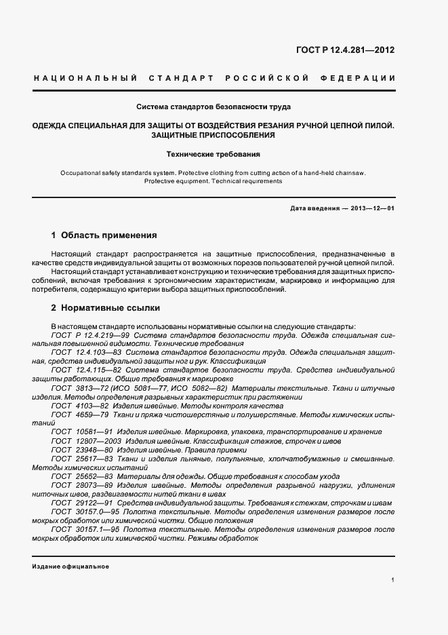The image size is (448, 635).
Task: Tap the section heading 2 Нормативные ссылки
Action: (x=105, y=307)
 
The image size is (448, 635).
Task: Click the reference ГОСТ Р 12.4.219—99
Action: (x=91, y=335)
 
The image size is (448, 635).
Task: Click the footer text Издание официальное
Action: (x=70, y=566)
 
